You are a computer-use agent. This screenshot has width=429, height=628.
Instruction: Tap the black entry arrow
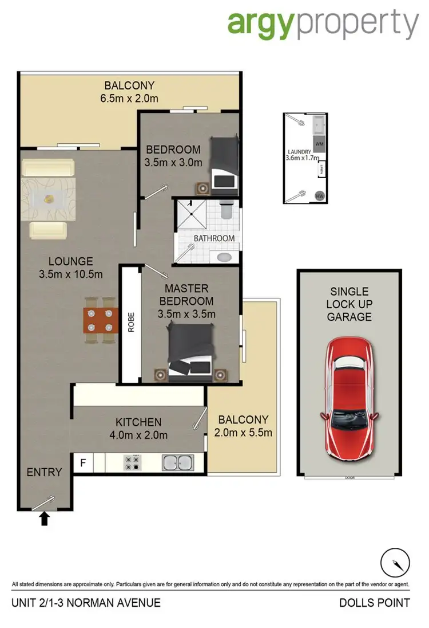(x=45, y=519)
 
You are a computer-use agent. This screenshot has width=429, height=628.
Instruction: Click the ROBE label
(x=130, y=324)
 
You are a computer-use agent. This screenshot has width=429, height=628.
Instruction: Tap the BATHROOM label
(x=213, y=238)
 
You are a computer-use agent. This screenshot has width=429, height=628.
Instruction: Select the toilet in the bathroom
(x=225, y=211)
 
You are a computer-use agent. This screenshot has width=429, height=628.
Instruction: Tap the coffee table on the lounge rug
(x=48, y=198)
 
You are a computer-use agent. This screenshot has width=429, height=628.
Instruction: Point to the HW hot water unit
(x=319, y=195)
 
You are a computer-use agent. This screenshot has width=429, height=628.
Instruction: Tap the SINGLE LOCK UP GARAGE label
(x=349, y=304)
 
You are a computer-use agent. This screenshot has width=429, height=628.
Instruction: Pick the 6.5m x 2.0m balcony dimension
(x=128, y=99)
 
